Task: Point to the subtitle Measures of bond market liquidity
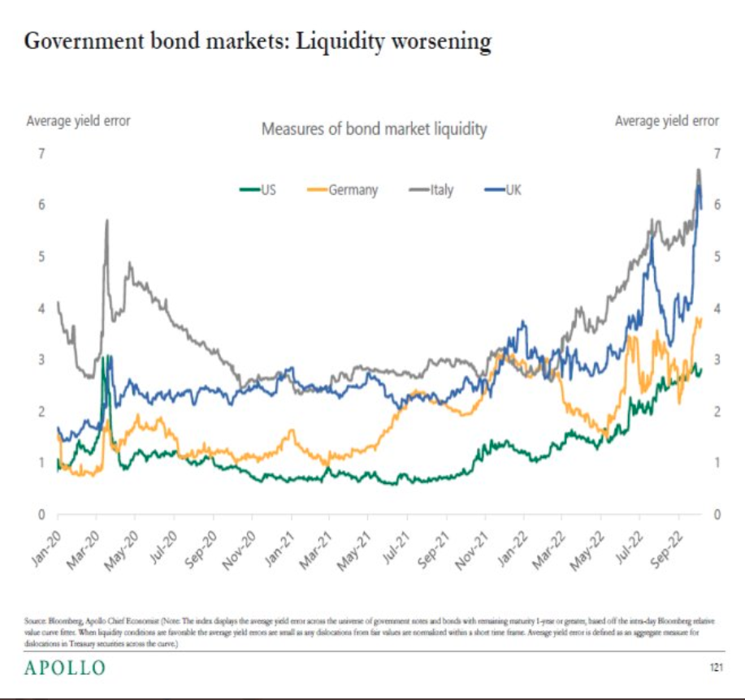374,129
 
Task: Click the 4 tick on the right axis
715,309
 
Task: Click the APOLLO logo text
64,668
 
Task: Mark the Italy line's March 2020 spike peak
106,221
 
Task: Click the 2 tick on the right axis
715,412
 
